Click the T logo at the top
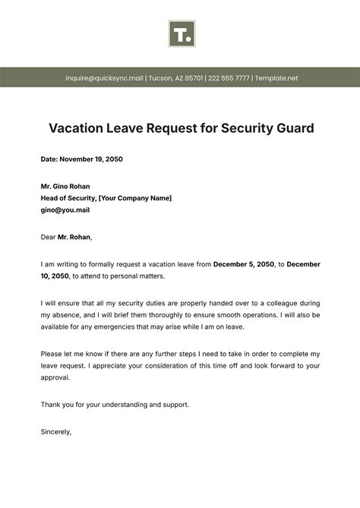[x=182, y=34]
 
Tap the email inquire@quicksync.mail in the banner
[x=103, y=78]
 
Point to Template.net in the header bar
[x=276, y=78]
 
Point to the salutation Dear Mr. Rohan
[x=66, y=237]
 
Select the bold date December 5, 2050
[x=243, y=264]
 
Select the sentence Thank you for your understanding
[x=114, y=405]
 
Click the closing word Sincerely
[x=55, y=431]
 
